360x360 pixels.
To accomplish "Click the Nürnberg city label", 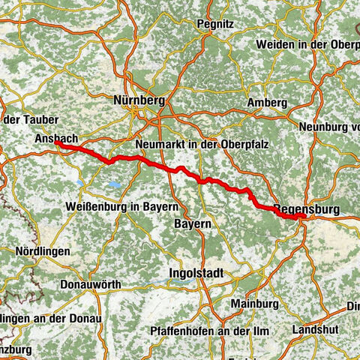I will point(137,99).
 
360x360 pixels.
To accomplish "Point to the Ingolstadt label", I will point(196,272).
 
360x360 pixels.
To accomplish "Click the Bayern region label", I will point(192,223).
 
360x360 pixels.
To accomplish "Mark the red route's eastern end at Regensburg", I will point(303,217).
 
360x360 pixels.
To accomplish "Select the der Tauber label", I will point(22,119).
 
